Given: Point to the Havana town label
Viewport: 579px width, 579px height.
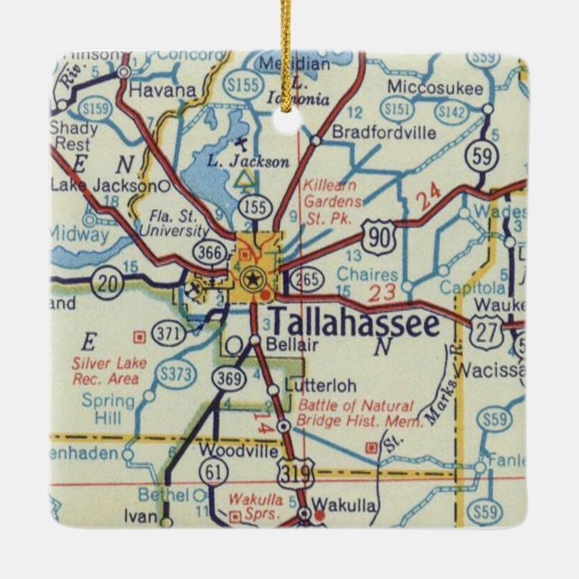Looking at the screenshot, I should (x=163, y=90).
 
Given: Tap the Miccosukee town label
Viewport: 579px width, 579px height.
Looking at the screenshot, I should (x=435, y=88).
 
